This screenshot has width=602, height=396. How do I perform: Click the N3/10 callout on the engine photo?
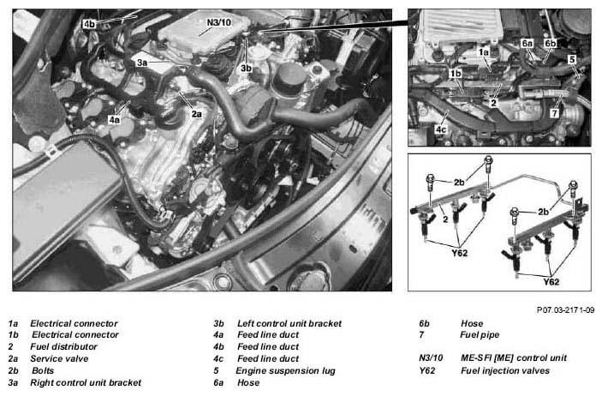coord(219,22)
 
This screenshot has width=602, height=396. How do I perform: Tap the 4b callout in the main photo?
coord(89,24)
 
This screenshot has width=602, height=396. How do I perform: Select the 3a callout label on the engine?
coord(142,63)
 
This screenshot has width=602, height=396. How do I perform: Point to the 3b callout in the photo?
coord(246,68)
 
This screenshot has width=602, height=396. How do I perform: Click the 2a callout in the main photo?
coord(197,114)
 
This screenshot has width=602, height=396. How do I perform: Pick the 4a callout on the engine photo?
coord(114,119)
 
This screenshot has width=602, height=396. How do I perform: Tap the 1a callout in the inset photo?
coord(484,51)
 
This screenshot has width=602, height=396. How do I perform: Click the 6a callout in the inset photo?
coord(527,44)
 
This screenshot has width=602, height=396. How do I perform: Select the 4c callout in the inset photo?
coord(441,129)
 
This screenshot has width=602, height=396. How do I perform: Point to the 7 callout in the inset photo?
coord(554,113)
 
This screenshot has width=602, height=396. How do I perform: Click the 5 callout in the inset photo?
coord(572,60)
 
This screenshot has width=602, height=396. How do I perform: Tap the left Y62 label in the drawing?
coord(459,253)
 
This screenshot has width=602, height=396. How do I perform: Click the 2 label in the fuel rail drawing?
coord(445,219)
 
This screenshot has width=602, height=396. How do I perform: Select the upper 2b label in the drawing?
coord(459,183)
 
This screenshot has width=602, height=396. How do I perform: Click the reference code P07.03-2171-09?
coord(565,309)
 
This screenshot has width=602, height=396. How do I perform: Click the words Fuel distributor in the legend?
coord(63,346)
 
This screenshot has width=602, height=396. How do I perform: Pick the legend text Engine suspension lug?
coord(285,370)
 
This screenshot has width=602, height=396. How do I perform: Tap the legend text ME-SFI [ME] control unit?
coord(514,358)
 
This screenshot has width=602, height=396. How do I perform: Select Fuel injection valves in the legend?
coord(505,370)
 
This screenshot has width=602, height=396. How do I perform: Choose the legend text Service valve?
coord(59,358)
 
